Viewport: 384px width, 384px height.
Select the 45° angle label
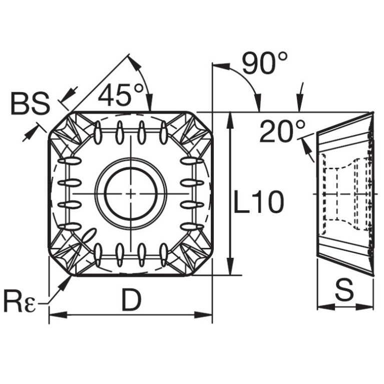(x=121, y=95)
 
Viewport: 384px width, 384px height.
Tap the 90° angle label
(x=265, y=63)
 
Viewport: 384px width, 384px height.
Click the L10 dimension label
(x=259, y=202)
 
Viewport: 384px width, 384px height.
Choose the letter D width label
(x=131, y=300)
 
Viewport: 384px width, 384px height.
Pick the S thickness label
(x=344, y=290)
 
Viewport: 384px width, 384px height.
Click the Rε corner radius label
(x=21, y=304)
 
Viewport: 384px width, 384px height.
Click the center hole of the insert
(x=131, y=193)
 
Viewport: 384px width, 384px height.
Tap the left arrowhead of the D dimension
(x=58, y=315)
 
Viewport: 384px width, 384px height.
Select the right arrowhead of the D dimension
(x=203, y=315)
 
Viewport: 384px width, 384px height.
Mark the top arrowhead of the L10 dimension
(x=230, y=121)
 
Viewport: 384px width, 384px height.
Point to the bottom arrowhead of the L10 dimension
(x=230, y=266)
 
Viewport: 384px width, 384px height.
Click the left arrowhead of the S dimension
(x=326, y=306)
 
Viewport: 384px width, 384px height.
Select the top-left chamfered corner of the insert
(x=61, y=124)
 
